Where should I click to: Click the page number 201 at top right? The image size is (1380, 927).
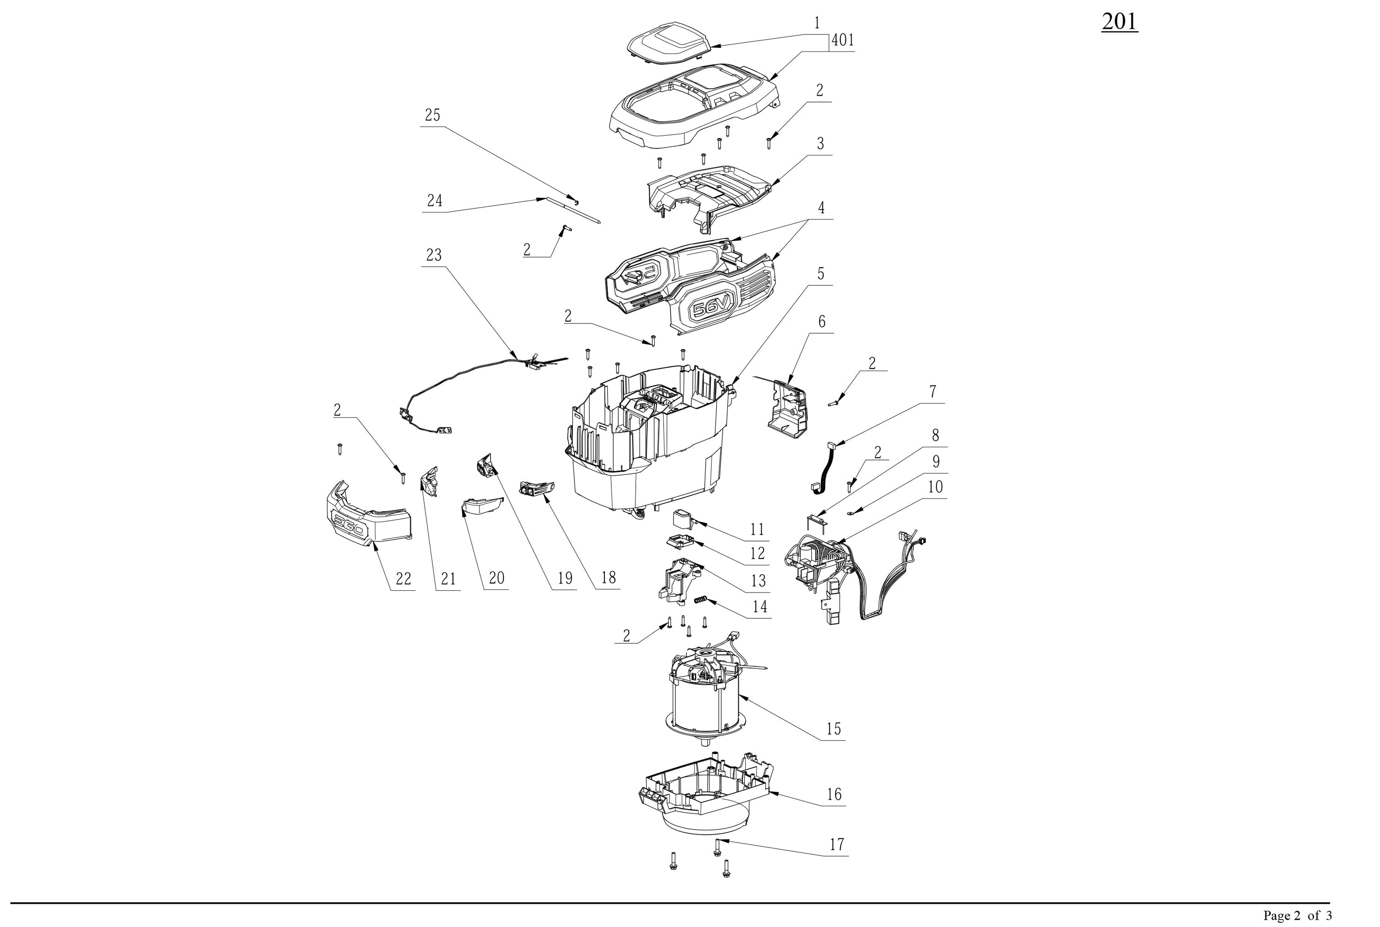[1119, 22]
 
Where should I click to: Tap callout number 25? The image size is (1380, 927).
[432, 115]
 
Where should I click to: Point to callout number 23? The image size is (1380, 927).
[434, 255]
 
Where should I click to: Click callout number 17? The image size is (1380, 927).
[837, 844]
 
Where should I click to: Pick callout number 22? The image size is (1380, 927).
[403, 578]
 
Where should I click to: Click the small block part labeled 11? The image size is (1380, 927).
[683, 520]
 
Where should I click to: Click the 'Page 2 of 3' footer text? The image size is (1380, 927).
[1297, 915]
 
